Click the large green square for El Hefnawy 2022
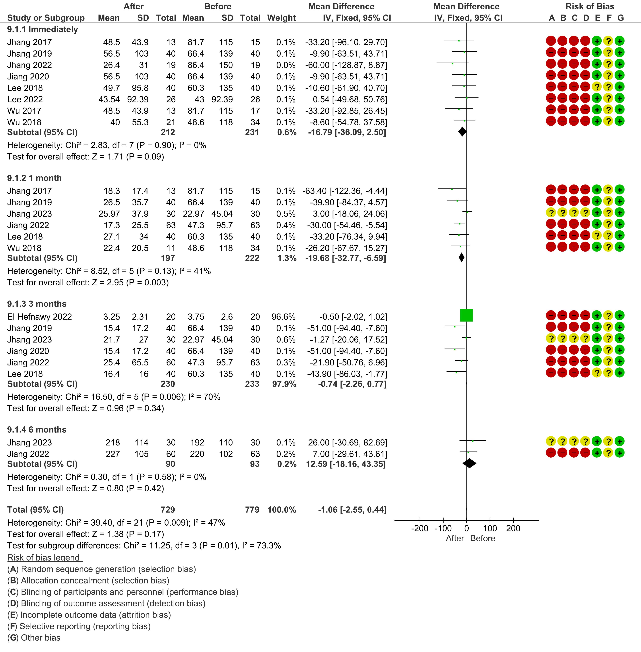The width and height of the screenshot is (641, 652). tap(466, 315)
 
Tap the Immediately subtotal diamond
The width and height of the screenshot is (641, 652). tap(462, 132)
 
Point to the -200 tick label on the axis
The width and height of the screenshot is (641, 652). tap(420, 528)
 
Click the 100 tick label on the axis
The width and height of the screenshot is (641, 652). tap(490, 528)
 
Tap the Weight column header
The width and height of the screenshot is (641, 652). tap(281, 18)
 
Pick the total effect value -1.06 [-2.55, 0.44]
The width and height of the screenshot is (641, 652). tap(352, 510)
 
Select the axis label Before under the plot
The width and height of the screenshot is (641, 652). tap(483, 538)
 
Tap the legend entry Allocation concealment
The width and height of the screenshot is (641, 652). tap(88, 581)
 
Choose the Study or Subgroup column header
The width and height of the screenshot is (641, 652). tap(46, 18)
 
